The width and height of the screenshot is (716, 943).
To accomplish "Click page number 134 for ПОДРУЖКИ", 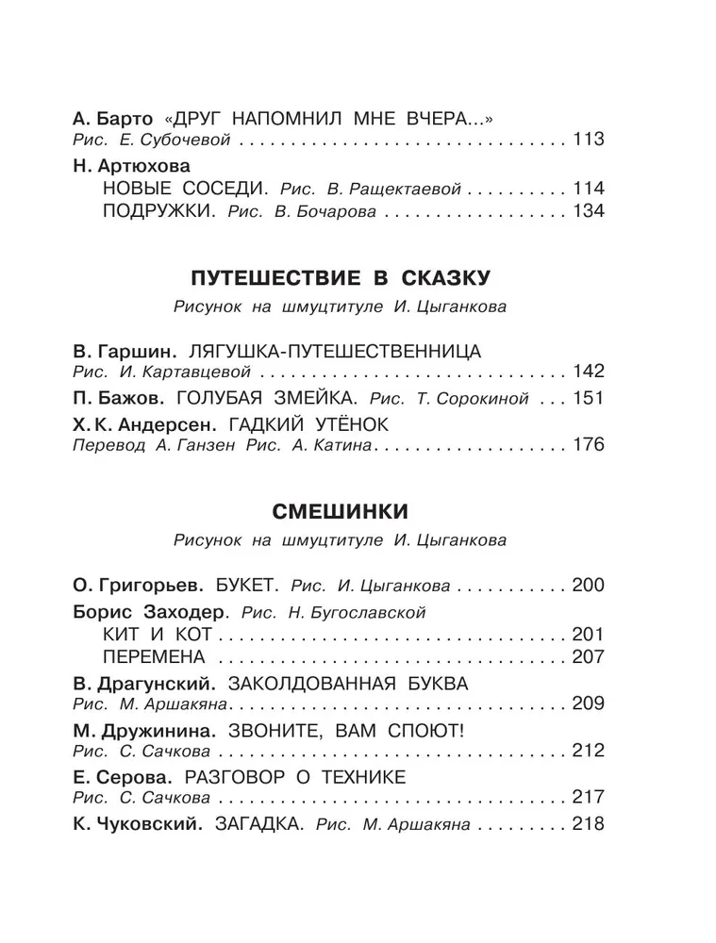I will click(587, 210).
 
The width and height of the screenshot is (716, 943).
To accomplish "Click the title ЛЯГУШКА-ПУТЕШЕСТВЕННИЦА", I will click(335, 352).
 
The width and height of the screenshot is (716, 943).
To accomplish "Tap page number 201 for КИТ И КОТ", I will click(587, 633).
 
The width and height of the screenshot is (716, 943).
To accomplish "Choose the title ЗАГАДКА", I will click(258, 824).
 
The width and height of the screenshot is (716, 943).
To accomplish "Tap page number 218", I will click(587, 824).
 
